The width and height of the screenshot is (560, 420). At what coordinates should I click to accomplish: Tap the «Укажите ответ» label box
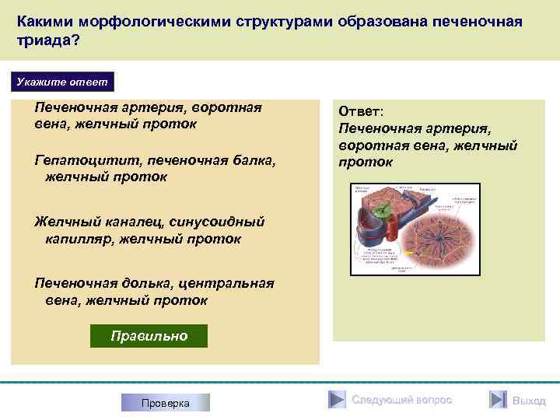tap(64, 82)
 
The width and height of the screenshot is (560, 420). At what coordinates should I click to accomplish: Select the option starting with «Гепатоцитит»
tap(155, 168)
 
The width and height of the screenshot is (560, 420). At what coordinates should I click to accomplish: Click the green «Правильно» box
tap(149, 336)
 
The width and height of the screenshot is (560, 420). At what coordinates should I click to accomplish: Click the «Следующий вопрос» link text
tap(401, 400)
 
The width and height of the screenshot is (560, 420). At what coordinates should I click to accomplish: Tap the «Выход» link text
tap(529, 401)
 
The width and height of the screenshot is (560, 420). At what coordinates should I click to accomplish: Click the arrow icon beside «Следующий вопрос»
tap(336, 400)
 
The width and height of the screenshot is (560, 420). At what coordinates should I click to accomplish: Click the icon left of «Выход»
tap(498, 400)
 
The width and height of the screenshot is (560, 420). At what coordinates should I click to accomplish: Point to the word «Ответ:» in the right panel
tap(361, 112)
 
